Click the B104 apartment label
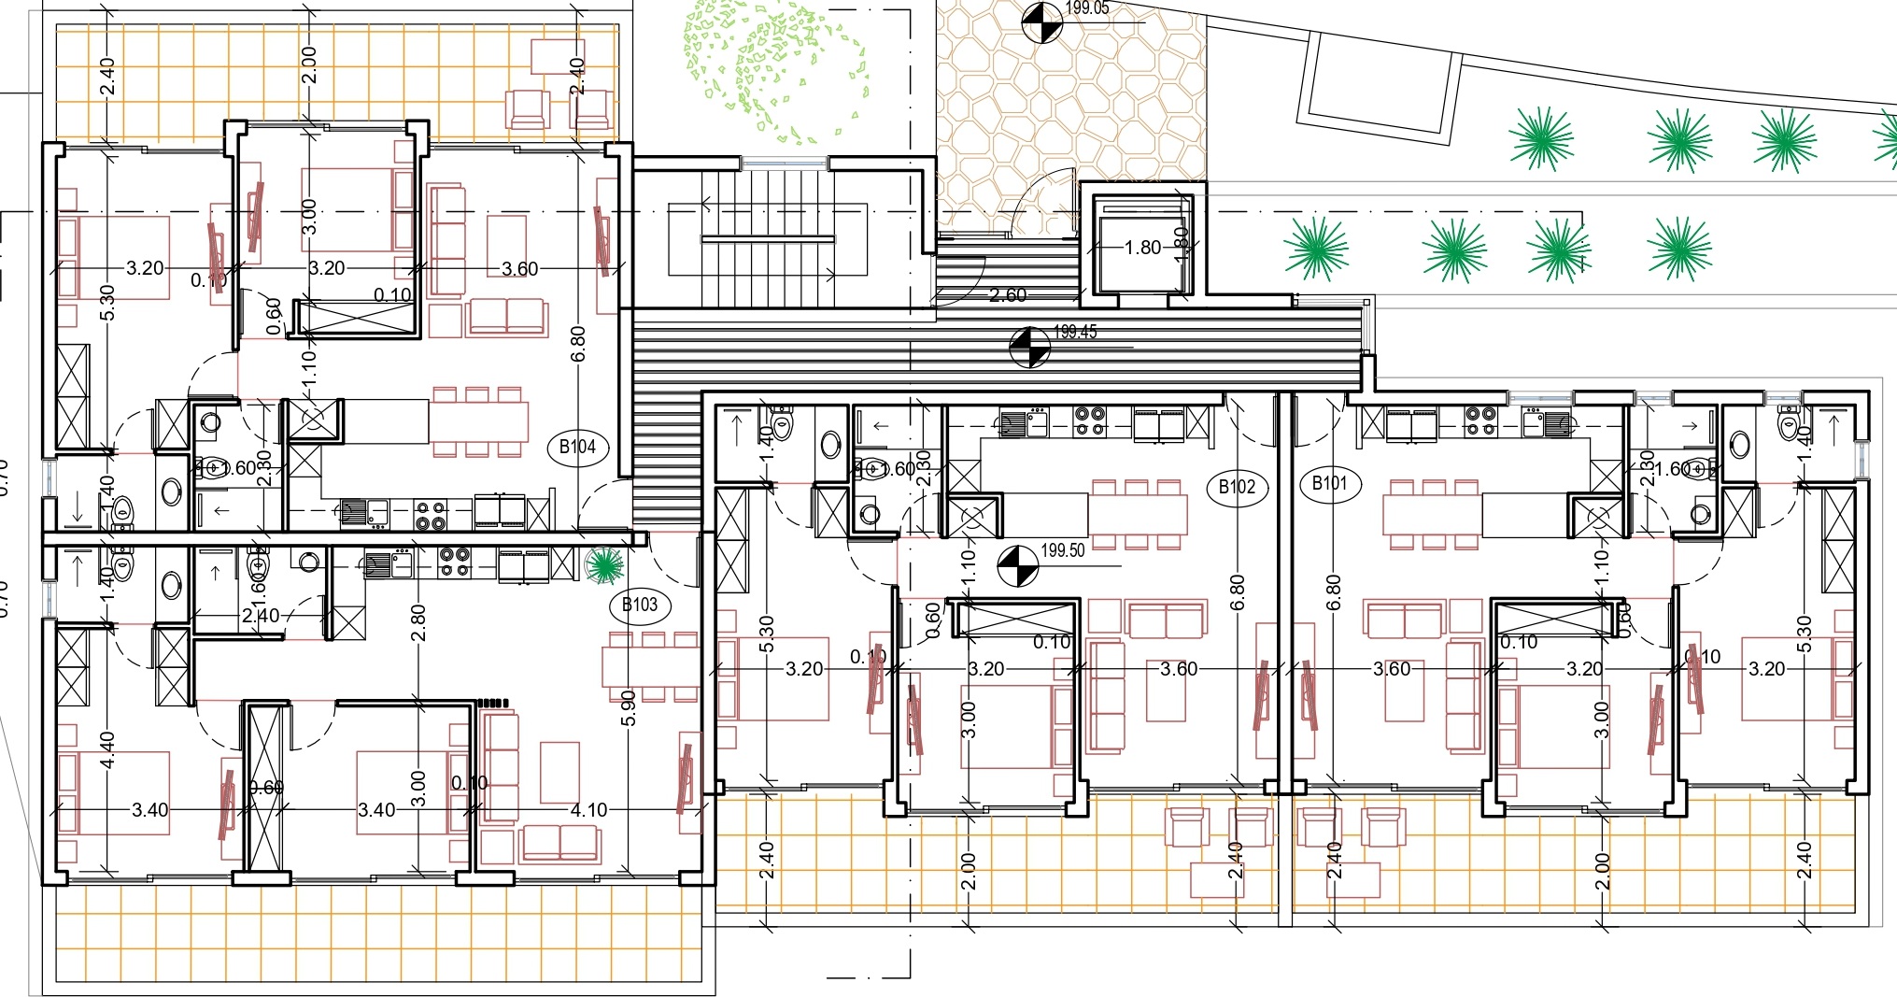point(577,447)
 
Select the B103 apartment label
point(640,605)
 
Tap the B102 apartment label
point(1237,487)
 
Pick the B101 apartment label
point(1329,484)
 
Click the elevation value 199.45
point(1075,332)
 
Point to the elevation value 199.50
point(1063,550)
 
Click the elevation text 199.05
point(1087,8)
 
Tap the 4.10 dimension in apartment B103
point(588,810)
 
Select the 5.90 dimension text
point(629,707)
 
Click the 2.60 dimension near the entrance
point(1008,295)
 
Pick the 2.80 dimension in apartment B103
point(418,622)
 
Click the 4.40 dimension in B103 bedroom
point(107,749)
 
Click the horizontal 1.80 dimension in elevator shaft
point(1141,248)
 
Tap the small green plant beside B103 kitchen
point(604,564)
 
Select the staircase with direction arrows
point(768,238)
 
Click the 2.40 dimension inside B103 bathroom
point(260,616)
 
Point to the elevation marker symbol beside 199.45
point(1029,347)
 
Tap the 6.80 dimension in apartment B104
point(579,343)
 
